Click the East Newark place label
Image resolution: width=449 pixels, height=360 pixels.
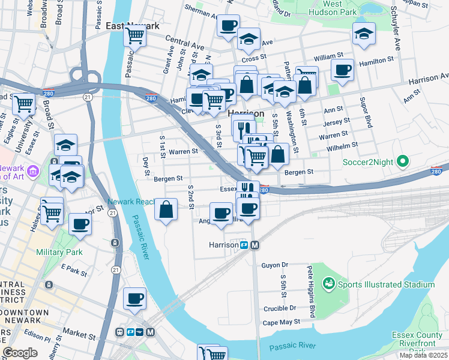[132, 26]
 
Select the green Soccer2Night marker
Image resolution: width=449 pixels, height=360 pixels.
[403, 161]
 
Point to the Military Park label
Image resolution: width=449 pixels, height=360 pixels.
[59, 252]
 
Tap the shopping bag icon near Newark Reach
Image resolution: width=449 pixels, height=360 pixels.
[166, 210]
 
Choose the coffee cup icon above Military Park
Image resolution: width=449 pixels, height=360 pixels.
[80, 224]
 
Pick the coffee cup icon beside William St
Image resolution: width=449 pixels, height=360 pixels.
[342, 70]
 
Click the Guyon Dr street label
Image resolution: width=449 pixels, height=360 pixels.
[275, 264]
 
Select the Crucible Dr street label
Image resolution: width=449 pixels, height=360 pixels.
[280, 308]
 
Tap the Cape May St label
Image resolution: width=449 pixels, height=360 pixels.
[277, 322]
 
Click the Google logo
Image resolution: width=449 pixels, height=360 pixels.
[20, 353]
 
